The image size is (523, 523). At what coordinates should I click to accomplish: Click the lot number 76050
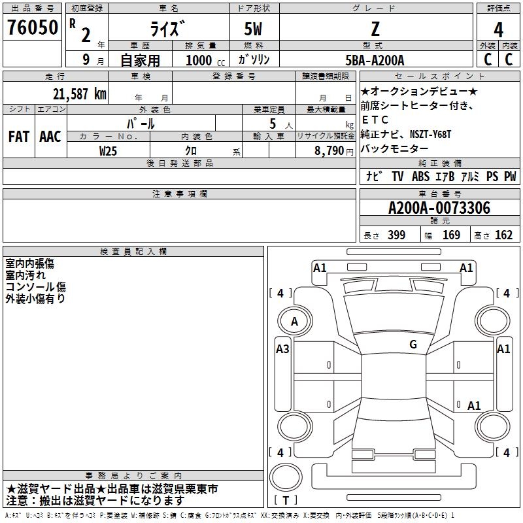pyautogui.click(x=32, y=27)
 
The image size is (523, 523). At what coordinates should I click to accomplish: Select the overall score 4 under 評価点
pyautogui.click(x=498, y=30)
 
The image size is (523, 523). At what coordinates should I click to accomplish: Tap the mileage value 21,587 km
pyautogui.click(x=80, y=94)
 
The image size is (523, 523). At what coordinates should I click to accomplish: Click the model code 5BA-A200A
pyautogui.click(x=375, y=60)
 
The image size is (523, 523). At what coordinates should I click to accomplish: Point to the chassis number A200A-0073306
pyautogui.click(x=439, y=208)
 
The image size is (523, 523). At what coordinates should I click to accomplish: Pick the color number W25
pyautogui.click(x=108, y=151)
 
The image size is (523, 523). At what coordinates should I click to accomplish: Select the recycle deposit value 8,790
pyautogui.click(x=329, y=151)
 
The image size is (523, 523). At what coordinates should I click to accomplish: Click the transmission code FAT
pyautogui.click(x=19, y=137)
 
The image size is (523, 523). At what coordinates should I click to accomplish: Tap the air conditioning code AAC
pyautogui.click(x=50, y=137)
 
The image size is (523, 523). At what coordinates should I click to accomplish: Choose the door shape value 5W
pyautogui.click(x=253, y=29)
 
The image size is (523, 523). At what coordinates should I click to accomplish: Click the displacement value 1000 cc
pyautogui.click(x=205, y=60)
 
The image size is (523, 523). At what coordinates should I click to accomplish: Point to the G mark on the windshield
pyautogui.click(x=413, y=344)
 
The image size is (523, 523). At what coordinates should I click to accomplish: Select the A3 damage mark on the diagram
pyautogui.click(x=282, y=349)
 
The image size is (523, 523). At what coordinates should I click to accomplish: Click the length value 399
pyautogui.click(x=396, y=235)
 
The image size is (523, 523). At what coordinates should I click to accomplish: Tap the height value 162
pyautogui.click(x=503, y=235)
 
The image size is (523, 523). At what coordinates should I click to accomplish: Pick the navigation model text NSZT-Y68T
pyautogui.click(x=430, y=134)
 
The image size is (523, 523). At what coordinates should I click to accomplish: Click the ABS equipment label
pyautogui.click(x=420, y=177)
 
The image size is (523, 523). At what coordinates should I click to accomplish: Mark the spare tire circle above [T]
pyautogui.click(x=286, y=477)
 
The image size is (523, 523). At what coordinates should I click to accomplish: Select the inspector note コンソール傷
pyautogui.click(x=36, y=287)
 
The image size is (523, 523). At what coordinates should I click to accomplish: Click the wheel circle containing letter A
pyautogui.click(x=295, y=321)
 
